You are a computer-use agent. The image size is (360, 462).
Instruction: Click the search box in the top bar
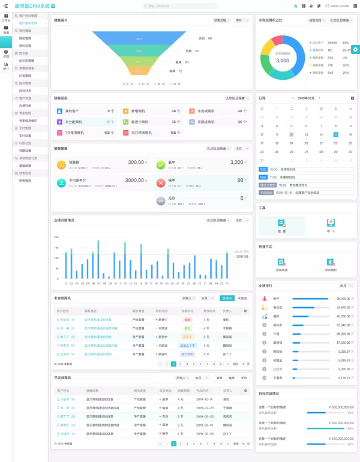(x=180, y=6)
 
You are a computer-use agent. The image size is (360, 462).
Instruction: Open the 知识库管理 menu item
(x=26, y=61)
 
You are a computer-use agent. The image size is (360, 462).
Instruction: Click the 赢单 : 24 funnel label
(x=182, y=62)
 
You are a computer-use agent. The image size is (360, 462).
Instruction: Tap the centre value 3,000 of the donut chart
(x=283, y=60)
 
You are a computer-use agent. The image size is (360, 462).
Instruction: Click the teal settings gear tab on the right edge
(x=356, y=49)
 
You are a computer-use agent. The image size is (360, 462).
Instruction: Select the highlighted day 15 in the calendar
(x=336, y=134)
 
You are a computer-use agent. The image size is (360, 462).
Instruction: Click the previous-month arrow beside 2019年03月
(x=293, y=98)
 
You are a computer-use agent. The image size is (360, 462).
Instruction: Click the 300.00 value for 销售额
(x=136, y=162)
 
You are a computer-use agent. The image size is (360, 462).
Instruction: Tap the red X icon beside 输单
(x=160, y=183)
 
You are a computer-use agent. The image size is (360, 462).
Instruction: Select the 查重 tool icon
(x=281, y=223)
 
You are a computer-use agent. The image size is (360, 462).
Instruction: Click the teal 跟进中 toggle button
(x=227, y=298)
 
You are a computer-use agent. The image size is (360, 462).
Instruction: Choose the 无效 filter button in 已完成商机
(x=242, y=378)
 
